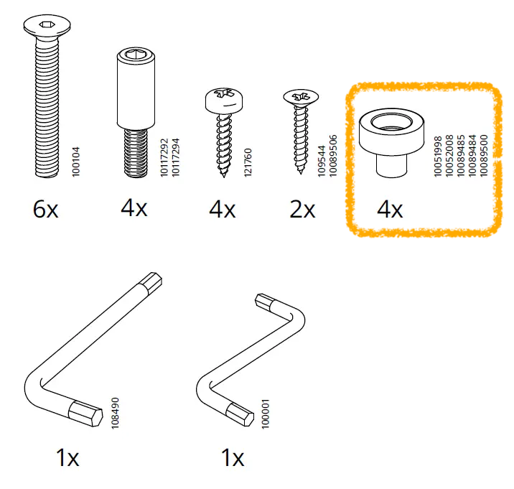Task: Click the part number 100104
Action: point(75,162)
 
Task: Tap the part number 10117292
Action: point(164,157)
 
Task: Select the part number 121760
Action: point(248,162)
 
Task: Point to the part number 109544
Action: point(322,161)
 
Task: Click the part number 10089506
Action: point(332,156)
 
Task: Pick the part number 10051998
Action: point(438,156)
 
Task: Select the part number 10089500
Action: point(484,156)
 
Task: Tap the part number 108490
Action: point(115,413)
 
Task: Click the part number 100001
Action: point(265,414)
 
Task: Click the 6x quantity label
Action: point(45,209)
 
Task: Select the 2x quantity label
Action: point(302,209)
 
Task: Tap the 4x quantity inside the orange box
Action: point(390,209)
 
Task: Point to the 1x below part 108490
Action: point(67,457)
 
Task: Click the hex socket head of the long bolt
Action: point(47,25)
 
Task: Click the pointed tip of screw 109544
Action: point(301,172)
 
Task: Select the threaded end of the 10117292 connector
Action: point(136,153)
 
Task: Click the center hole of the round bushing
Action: point(391,122)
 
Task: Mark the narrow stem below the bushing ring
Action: point(391,167)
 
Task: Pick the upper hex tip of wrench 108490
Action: point(151,283)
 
